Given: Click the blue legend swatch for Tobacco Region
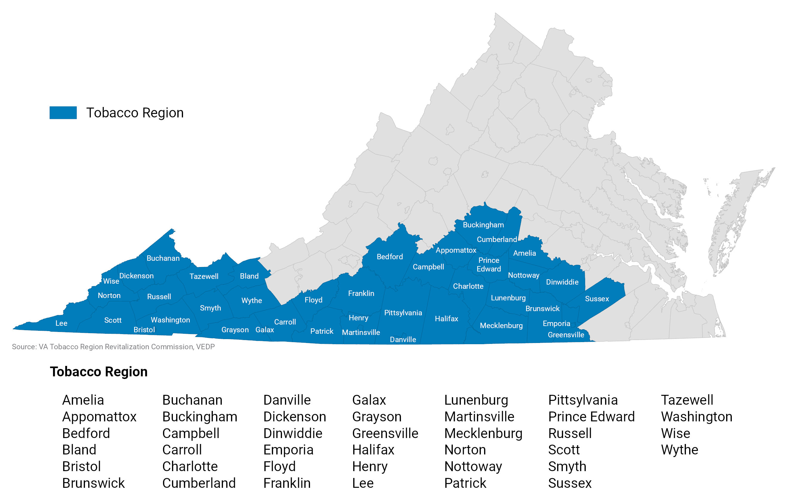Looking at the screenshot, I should pyautogui.click(x=63, y=113).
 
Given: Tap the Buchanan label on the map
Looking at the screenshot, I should pyautogui.click(x=163, y=258).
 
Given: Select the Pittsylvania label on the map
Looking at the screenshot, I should pyautogui.click(x=403, y=313).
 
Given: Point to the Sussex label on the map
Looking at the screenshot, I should pyautogui.click(x=596, y=299).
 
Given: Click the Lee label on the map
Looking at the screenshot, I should pyautogui.click(x=61, y=323).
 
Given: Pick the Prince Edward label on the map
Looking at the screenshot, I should pyautogui.click(x=489, y=265).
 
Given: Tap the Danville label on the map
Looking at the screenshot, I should pyautogui.click(x=403, y=339).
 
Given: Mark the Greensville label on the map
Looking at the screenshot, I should pyautogui.click(x=565, y=335).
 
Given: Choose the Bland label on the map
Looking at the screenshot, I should pyautogui.click(x=249, y=276).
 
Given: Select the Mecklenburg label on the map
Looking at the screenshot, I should pyautogui.click(x=501, y=325).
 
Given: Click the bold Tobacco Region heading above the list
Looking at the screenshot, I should pyautogui.click(x=99, y=372).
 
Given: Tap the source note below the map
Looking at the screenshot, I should pyautogui.click(x=113, y=347).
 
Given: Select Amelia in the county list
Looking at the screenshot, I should pyautogui.click(x=83, y=400).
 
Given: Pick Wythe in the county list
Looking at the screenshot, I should pyautogui.click(x=679, y=450).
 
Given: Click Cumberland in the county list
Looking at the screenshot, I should pyautogui.click(x=199, y=483).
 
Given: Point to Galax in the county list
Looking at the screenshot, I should pyautogui.click(x=369, y=400).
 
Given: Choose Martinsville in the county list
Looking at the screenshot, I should pyautogui.click(x=479, y=417).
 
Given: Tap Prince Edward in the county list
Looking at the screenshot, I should pyautogui.click(x=591, y=417).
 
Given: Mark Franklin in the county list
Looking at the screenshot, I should pyautogui.click(x=286, y=483).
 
